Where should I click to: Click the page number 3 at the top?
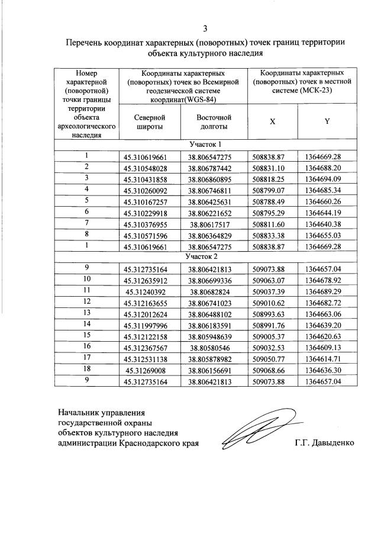pos(205,28)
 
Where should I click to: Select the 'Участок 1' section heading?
pos(205,145)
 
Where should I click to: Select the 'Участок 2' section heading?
pos(205,257)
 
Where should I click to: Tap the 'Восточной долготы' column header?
pos(213,122)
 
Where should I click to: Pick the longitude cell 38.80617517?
pos(213,224)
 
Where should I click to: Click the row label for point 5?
pos(86,201)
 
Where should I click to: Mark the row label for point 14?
pos(86,324)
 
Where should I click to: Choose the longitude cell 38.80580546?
pos(213,346)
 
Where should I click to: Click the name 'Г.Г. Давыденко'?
pos(324,443)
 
